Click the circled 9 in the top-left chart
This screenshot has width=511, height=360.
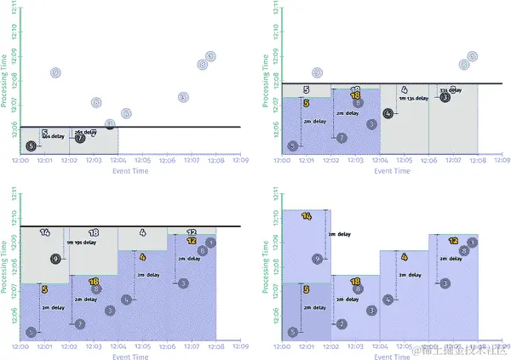coord(55,73)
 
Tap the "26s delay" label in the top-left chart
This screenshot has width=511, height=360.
coord(84,132)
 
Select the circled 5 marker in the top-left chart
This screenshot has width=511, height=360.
coord(32,146)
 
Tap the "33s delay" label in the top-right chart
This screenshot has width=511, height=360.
coord(451,89)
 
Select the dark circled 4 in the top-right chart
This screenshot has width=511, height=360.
coord(388,113)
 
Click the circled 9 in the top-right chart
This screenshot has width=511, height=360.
coord(318,73)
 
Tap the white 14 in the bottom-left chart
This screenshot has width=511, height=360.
coord(44,231)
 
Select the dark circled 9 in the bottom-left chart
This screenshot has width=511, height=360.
coord(55,259)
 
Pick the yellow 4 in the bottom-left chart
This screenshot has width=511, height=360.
coord(142,256)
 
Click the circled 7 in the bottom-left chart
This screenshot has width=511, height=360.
coord(79,324)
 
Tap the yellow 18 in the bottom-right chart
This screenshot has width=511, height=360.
coord(354,281)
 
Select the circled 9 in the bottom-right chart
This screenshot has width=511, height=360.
coord(317,259)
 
